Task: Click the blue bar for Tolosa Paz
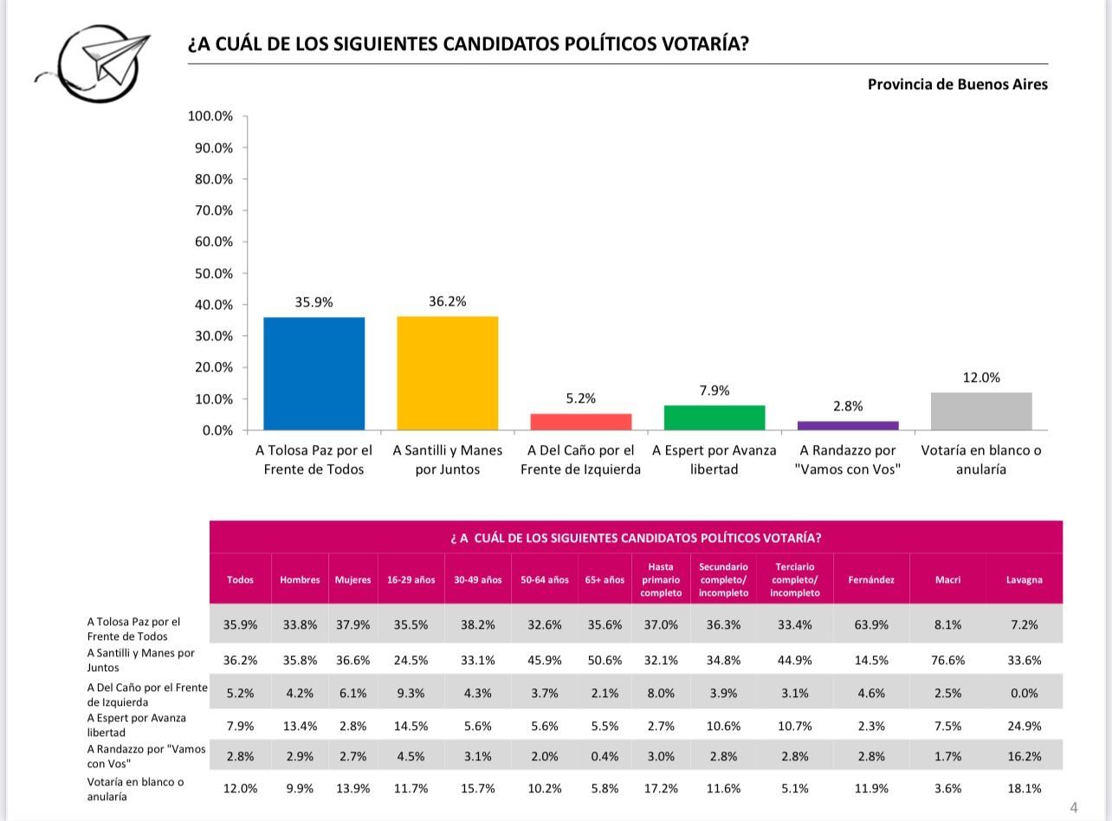[x=314, y=373]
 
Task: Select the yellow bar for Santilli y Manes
[x=447, y=373]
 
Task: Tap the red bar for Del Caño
[x=580, y=422]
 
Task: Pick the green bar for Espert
[x=714, y=417]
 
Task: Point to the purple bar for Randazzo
[x=848, y=425]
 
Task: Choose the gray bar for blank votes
[x=981, y=411]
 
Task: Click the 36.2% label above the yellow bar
[x=447, y=301]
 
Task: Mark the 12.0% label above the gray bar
[x=981, y=378]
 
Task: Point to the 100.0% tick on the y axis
[x=210, y=116]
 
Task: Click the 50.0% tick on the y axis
[x=213, y=274]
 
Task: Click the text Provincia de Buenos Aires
[x=957, y=85]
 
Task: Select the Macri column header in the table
[x=947, y=580]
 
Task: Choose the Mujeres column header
[x=353, y=580]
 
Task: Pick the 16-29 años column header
[x=411, y=580]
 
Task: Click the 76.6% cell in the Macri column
[x=947, y=660]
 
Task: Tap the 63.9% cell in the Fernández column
[x=871, y=624]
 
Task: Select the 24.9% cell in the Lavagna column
[x=1025, y=726]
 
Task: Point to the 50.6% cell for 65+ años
[x=604, y=660]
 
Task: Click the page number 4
[x=1074, y=808]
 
